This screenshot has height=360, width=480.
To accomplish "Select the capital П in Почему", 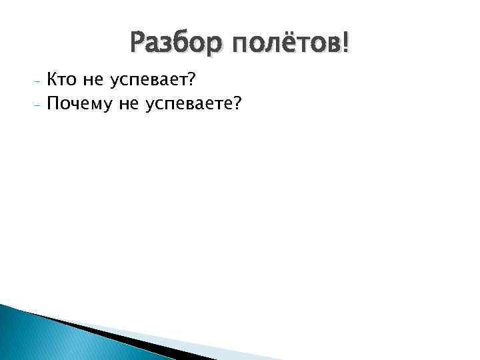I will [x=53, y=103].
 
